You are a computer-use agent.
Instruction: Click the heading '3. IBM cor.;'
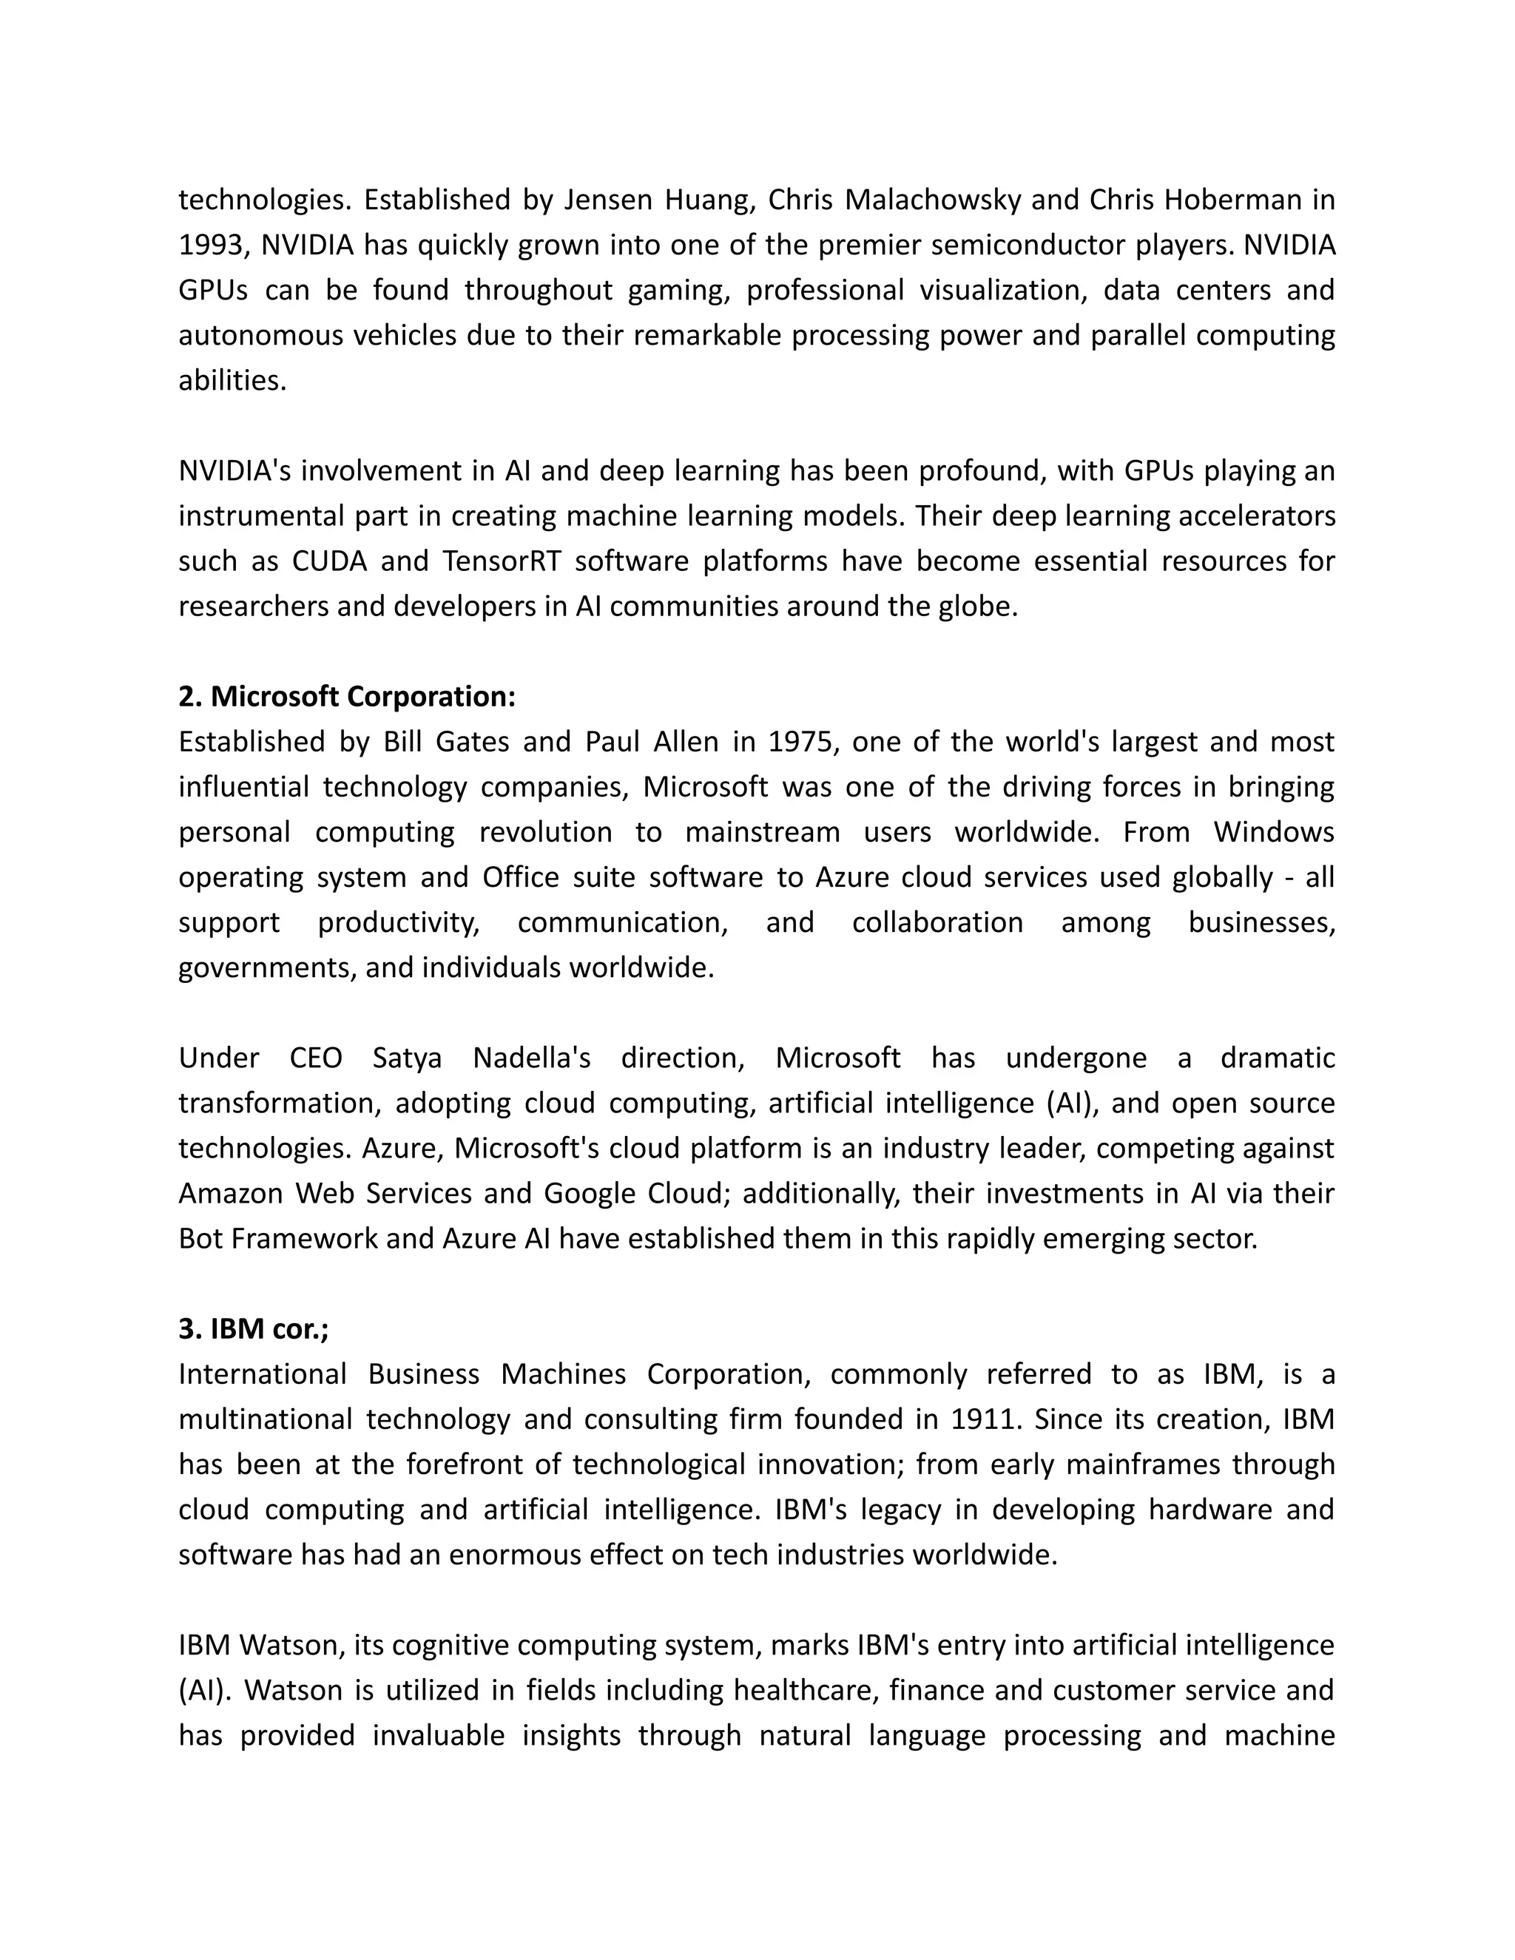coord(253,1328)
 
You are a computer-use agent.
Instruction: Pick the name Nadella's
coord(531,1058)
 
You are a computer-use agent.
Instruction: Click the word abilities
coord(232,380)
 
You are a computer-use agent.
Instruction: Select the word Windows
coord(1274,832)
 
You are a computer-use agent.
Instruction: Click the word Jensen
coord(607,199)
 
